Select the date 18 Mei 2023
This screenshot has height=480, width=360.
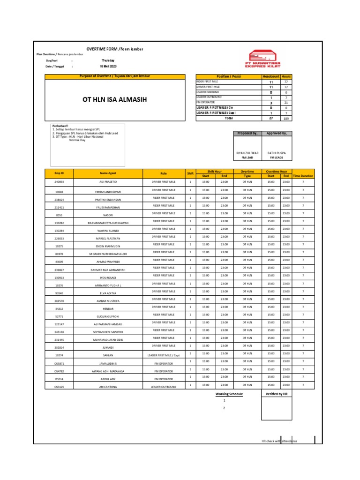[108, 67]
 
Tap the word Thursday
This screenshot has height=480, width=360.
[108, 60]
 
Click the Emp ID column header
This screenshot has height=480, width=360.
[59, 173]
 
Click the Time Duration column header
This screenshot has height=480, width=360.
[303, 176]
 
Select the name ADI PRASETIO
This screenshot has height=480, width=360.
[108, 181]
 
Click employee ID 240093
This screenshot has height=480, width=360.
[59, 181]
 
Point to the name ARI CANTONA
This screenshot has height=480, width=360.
[108, 387]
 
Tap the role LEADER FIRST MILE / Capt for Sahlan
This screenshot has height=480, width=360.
[163, 355]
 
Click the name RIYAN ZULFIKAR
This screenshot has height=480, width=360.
[247, 153]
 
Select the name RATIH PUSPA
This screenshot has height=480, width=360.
[276, 153]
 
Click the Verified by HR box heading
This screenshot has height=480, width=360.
[277, 394]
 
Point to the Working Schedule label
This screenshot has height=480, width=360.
[229, 394]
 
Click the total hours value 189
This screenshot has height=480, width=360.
[286, 119]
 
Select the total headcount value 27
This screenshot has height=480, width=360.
[270, 119]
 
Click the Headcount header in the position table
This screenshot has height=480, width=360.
[270, 76]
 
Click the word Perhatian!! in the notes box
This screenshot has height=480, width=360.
[60, 126]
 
